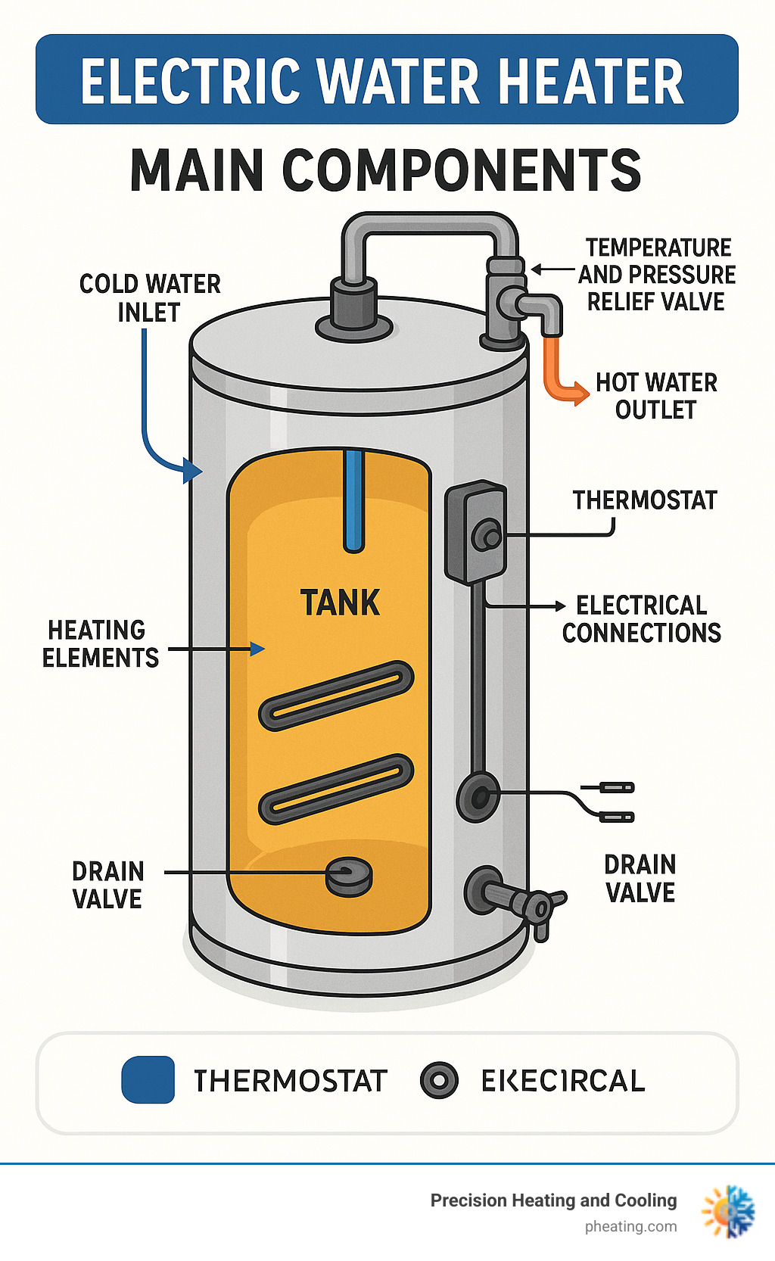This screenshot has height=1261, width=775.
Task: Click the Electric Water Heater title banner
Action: (x=386, y=79)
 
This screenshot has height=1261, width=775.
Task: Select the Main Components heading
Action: (x=386, y=170)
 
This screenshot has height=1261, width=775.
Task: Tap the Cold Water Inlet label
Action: (x=150, y=297)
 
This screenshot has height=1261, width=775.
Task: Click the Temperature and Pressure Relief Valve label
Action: (x=657, y=274)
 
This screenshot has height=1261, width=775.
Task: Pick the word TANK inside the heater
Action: (x=340, y=603)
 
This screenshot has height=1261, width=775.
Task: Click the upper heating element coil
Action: (x=337, y=696)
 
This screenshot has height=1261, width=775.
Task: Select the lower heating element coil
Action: (x=337, y=789)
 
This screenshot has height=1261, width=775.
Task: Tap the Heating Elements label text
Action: (x=100, y=643)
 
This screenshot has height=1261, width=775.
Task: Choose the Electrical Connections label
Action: (x=642, y=618)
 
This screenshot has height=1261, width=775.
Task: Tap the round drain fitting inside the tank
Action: (x=349, y=876)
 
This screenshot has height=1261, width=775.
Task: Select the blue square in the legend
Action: (x=148, y=1080)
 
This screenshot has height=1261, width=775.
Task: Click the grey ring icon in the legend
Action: (x=439, y=1080)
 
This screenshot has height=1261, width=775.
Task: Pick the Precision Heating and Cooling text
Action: (x=553, y=1200)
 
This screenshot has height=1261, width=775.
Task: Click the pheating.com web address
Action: (x=630, y=1227)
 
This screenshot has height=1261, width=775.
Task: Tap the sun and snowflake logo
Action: (x=728, y=1212)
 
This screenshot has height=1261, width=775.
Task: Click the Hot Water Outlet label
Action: (x=656, y=396)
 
